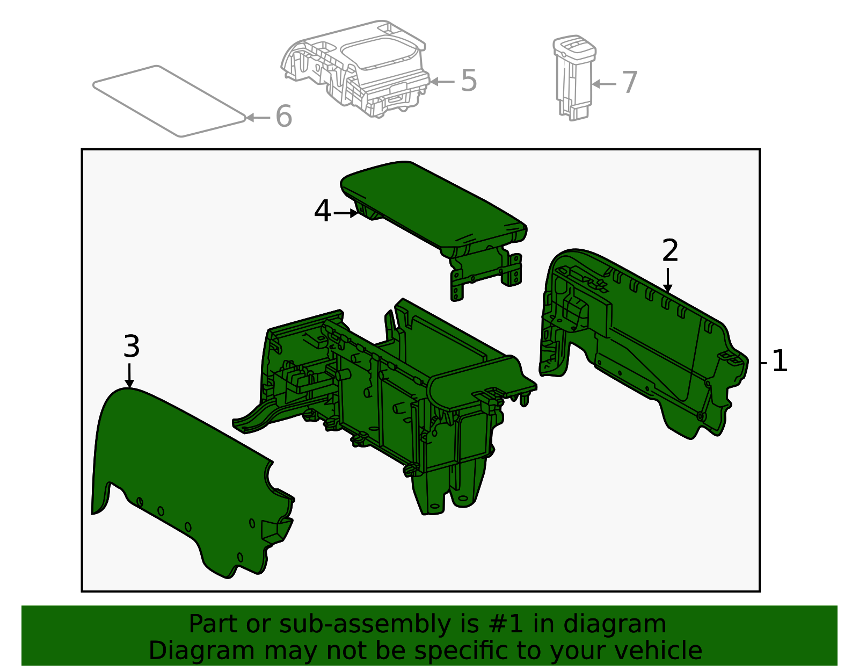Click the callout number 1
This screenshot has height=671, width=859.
780,360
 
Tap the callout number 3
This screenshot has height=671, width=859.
132,346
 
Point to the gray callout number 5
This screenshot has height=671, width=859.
469,80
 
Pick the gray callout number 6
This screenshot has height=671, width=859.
283,116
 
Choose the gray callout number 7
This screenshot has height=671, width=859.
630,82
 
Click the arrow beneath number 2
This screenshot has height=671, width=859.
668,280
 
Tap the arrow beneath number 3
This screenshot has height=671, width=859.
129,376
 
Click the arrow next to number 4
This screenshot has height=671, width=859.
346,213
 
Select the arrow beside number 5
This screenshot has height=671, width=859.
442,82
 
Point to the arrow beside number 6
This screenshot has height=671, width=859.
258,118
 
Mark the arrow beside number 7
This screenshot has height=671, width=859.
603,84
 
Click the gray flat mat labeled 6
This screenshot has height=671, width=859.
169,101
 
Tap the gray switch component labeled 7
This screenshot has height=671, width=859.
574,77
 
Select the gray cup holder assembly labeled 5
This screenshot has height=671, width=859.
355,68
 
